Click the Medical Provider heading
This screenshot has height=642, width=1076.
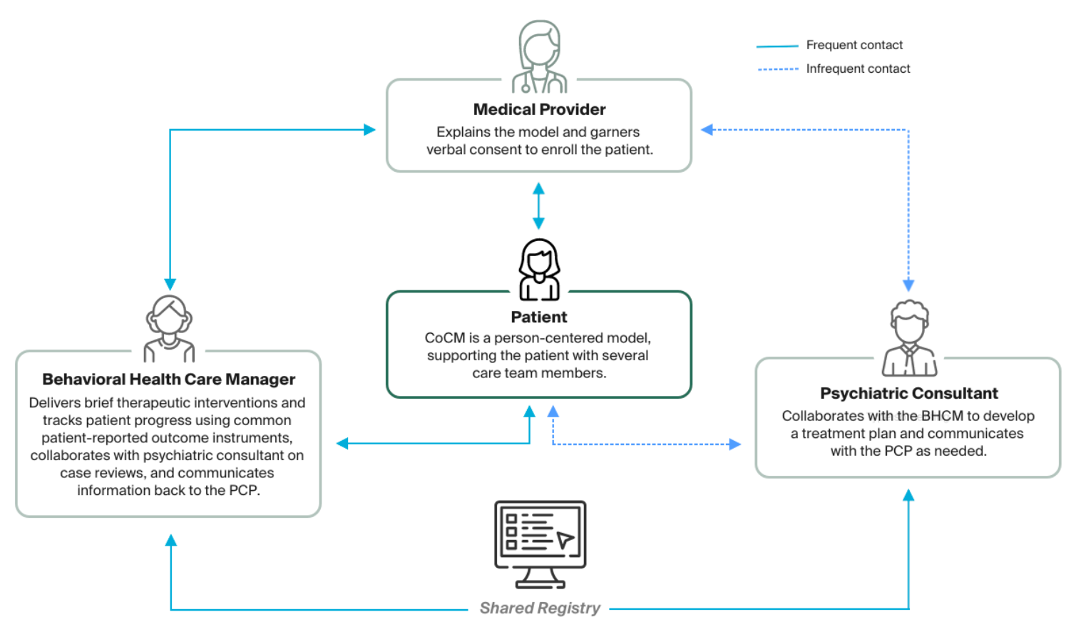[x=539, y=110]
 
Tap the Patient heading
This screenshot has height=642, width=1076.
[x=539, y=317]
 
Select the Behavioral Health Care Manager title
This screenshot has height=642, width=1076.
[x=168, y=379]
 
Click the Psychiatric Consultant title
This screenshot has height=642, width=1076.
[x=908, y=394]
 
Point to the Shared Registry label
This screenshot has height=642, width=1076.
[x=540, y=608]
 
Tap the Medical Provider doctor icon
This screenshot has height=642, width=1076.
[x=540, y=57]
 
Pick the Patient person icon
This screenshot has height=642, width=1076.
[x=539, y=270]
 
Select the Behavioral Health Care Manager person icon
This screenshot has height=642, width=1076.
[x=169, y=329]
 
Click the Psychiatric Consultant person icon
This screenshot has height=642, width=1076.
[x=909, y=339]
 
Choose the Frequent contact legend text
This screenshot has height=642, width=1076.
[x=854, y=45]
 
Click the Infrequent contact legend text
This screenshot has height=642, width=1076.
[x=858, y=68]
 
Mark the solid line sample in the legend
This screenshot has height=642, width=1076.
[x=777, y=46]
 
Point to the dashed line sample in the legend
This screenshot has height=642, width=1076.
[x=777, y=69]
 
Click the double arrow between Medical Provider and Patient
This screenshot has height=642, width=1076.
[x=538, y=205]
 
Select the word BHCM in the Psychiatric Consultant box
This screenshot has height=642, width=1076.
[x=942, y=416]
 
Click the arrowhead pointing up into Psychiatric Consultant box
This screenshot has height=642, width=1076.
[x=908, y=495]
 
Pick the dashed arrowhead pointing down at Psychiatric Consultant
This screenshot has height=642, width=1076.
[x=908, y=285]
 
